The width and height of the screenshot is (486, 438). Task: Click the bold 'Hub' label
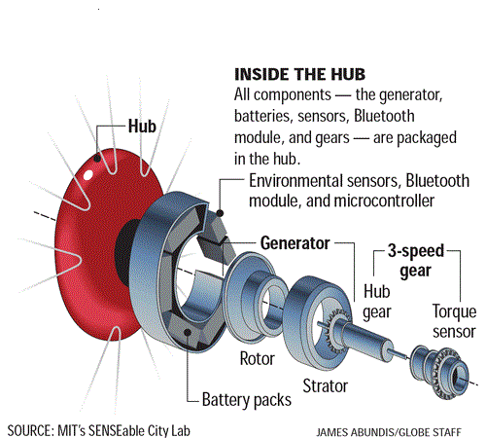[x=142, y=126]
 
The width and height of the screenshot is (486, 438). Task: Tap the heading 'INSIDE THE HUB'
[x=299, y=74]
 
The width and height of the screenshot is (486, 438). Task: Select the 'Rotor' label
[x=258, y=359]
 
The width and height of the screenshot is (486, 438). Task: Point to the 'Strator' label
[x=326, y=386]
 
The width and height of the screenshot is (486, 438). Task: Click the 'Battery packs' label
[x=247, y=400]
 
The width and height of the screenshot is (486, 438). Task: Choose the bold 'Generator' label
[x=295, y=243]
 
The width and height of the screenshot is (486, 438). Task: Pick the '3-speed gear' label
[x=416, y=261]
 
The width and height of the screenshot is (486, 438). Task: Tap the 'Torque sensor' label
[x=454, y=321]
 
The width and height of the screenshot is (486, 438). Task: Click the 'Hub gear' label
[x=377, y=302]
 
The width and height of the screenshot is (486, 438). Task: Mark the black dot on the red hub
[x=97, y=159]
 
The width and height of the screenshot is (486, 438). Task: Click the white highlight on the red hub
[x=87, y=175]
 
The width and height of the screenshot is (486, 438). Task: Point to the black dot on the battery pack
[x=188, y=332]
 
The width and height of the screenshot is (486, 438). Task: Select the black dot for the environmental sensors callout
[x=220, y=213]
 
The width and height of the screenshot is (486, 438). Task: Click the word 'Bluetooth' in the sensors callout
[x=437, y=181]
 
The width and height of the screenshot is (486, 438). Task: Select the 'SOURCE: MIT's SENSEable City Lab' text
[x=99, y=431]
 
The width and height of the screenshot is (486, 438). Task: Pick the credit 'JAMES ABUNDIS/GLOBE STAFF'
[x=389, y=432]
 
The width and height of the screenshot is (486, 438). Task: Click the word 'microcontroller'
[x=384, y=201]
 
